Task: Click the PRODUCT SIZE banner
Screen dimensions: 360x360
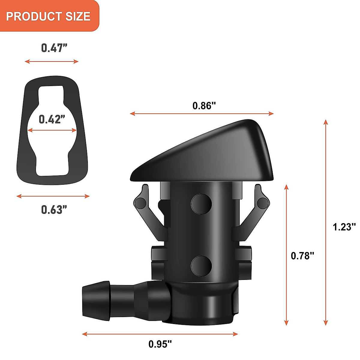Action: pyautogui.click(x=48, y=16)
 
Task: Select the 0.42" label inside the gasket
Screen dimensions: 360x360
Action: pyautogui.click(x=52, y=119)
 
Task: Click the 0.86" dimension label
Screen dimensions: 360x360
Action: pyautogui.click(x=204, y=106)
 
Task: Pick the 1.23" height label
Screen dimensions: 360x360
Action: pyautogui.click(x=344, y=226)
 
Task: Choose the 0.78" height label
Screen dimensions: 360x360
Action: pyautogui.click(x=303, y=256)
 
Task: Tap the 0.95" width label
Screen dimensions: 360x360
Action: pyautogui.click(x=160, y=344)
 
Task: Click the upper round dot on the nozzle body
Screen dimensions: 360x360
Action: pyautogui.click(x=201, y=204)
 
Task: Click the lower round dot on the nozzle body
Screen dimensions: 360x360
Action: pyautogui.click(x=201, y=266)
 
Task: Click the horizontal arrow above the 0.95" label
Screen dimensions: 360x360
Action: pyautogui.click(x=160, y=334)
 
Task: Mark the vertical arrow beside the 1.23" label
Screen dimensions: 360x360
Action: pyautogui.click(x=326, y=222)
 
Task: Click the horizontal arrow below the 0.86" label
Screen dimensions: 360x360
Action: pyautogui.click(x=202, y=114)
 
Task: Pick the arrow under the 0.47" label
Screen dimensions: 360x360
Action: pyautogui.click(x=52, y=61)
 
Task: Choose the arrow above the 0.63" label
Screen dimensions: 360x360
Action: pyautogui.click(x=53, y=196)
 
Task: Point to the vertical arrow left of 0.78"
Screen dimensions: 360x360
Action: pyautogui.click(x=286, y=255)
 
